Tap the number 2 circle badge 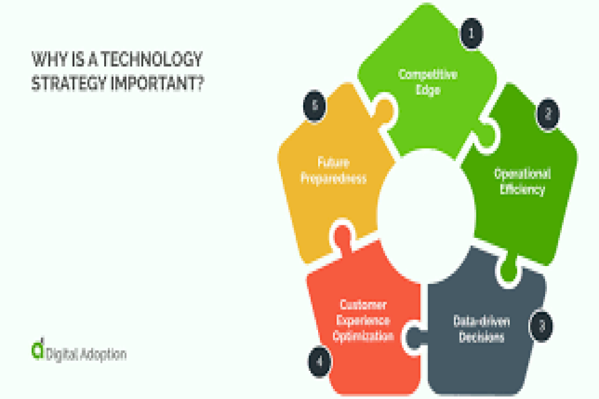tap(547, 113)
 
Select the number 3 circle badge tap(541, 326)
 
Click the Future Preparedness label tap(333, 171)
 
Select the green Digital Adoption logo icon tap(38, 350)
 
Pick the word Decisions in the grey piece tap(482, 337)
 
